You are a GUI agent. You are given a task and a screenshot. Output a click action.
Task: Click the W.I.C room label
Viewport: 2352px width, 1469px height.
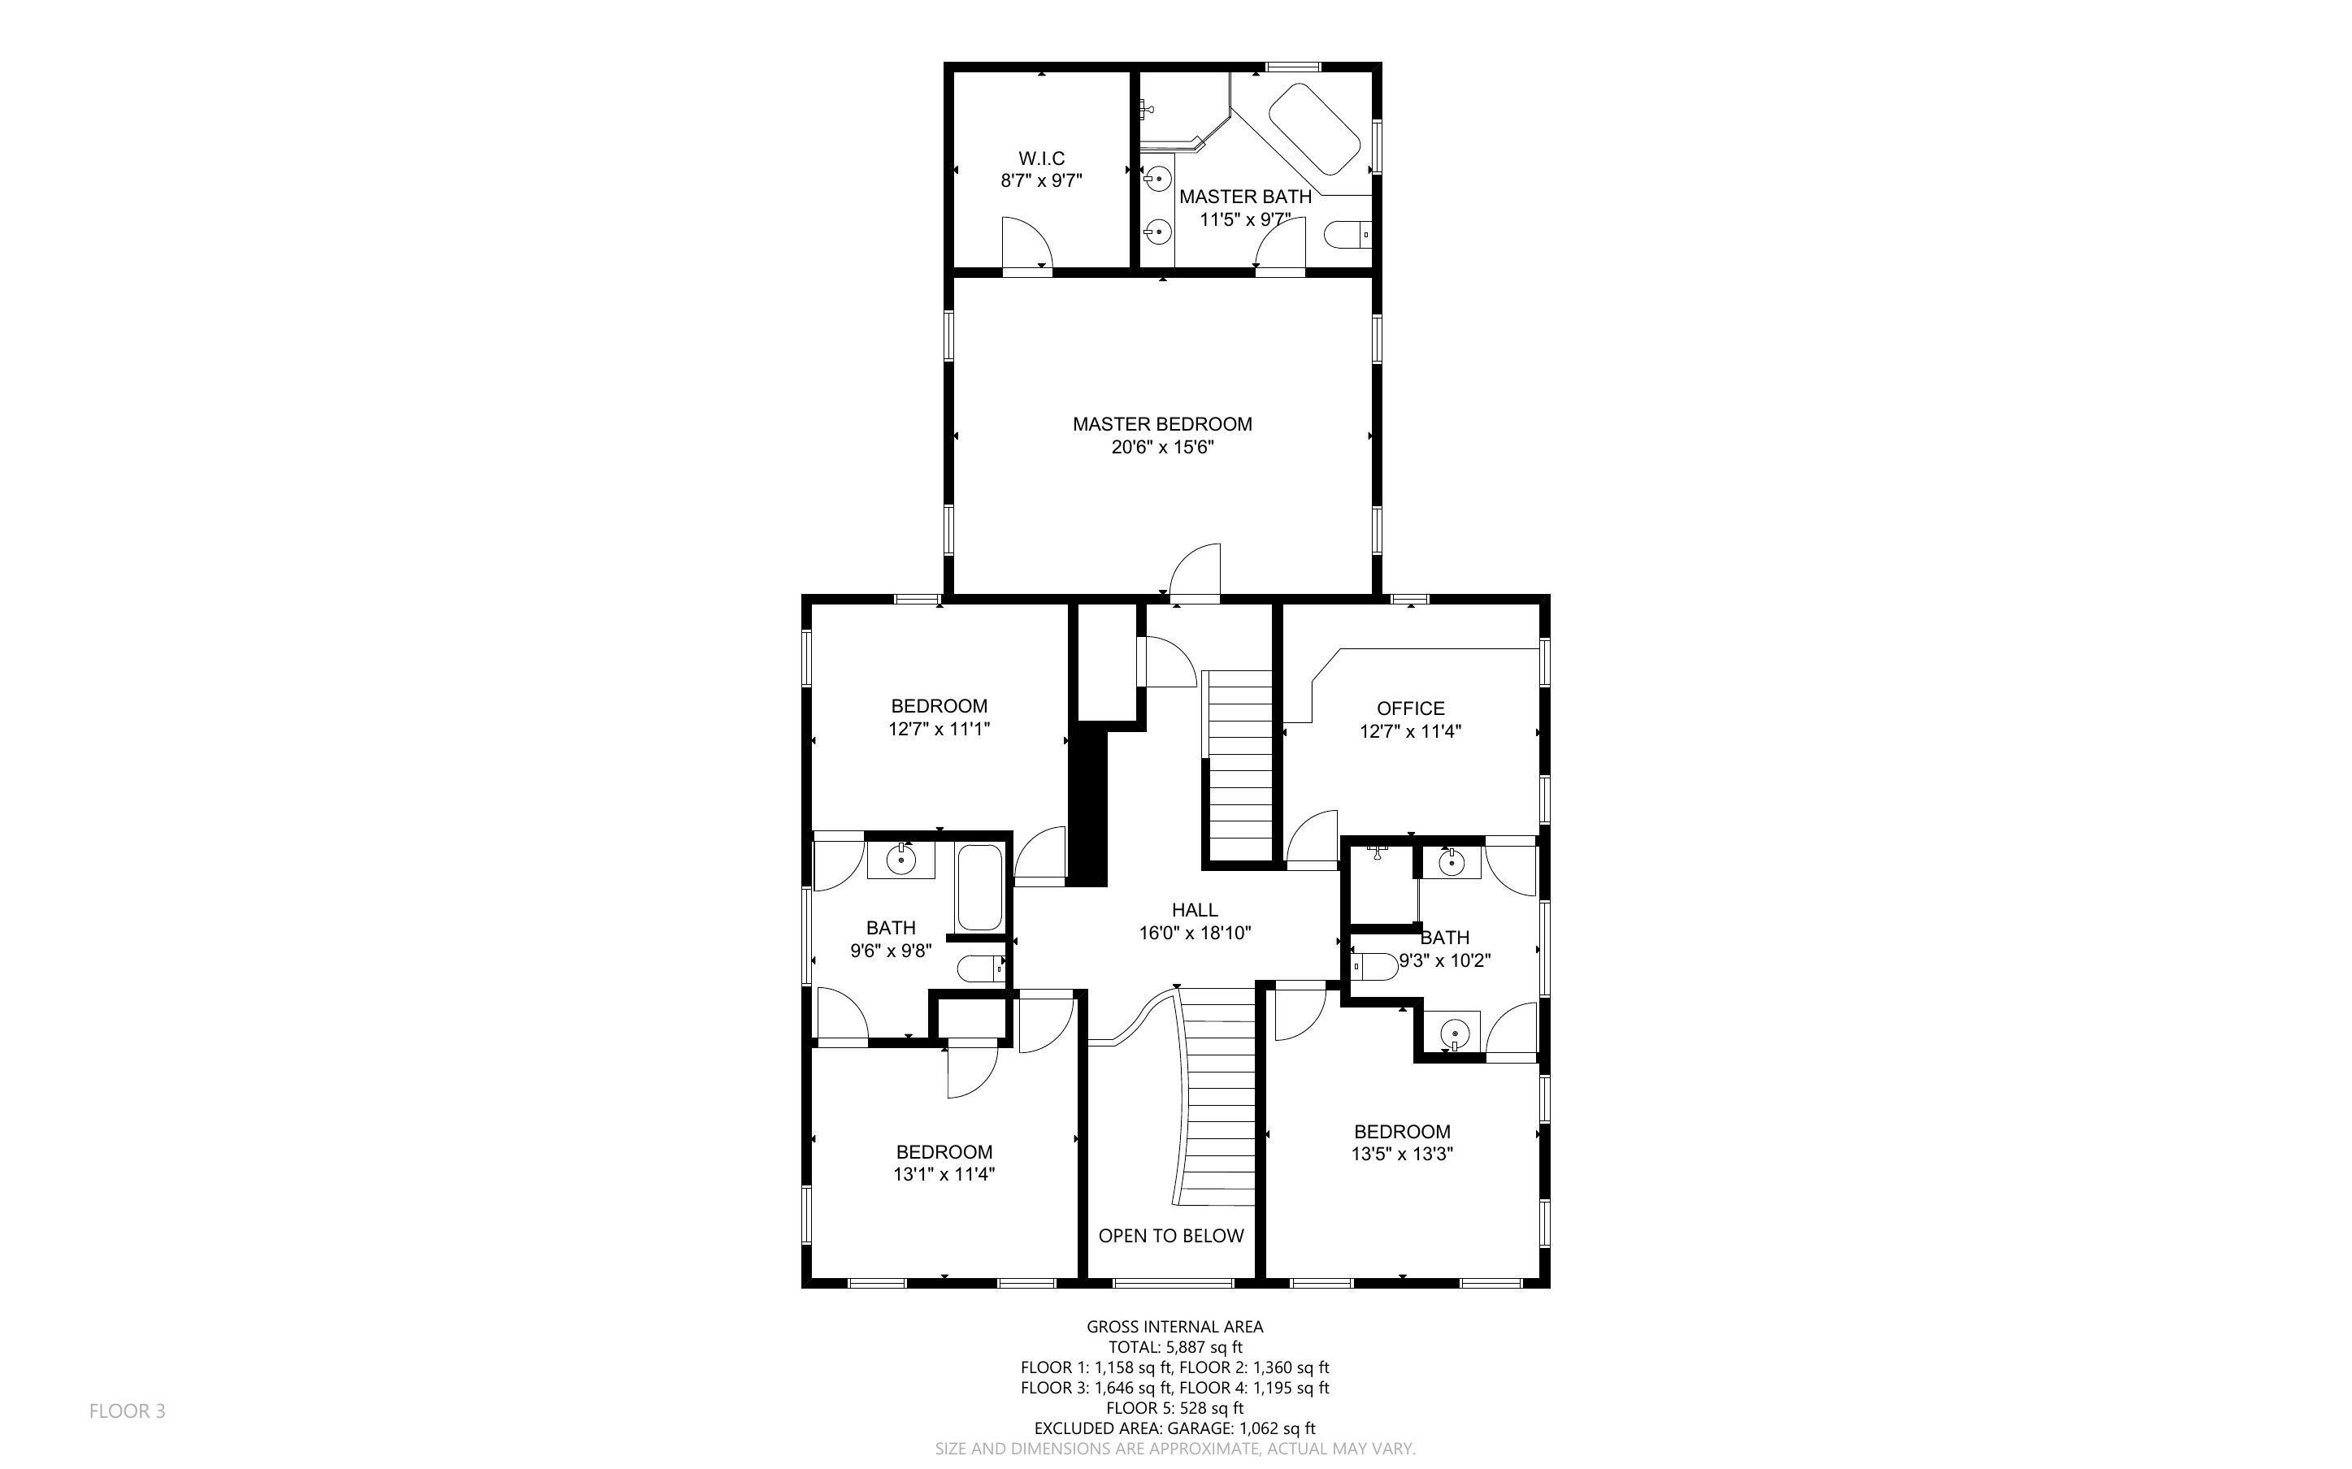[1041, 158]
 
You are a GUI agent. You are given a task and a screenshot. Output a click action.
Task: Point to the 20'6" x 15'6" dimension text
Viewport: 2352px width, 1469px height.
[1163, 448]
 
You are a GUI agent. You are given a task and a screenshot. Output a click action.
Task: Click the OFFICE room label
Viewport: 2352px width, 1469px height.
[1411, 708]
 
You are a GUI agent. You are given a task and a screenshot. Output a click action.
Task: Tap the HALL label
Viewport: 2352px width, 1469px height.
[1195, 910]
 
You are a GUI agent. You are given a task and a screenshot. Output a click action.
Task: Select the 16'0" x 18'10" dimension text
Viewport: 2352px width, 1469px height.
[1195, 934]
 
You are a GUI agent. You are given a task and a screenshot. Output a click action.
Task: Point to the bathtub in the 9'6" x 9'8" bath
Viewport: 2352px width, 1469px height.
[979, 888]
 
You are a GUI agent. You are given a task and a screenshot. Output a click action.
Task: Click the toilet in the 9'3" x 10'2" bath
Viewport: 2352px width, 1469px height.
[1372, 967]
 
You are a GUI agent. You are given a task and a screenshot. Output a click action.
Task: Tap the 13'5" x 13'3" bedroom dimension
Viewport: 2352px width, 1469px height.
[1402, 1155]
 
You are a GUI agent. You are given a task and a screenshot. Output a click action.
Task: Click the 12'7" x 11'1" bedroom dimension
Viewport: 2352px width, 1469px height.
[939, 729]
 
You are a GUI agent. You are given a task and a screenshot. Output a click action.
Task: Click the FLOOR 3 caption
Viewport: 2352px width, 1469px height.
[128, 1410]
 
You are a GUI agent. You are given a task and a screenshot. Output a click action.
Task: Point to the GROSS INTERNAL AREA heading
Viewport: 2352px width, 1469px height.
[1174, 1326]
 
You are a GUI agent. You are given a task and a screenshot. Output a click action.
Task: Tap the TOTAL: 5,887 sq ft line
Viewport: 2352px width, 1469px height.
[1174, 1346]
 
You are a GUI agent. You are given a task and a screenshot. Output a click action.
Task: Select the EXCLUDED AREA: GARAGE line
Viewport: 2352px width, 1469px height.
[1174, 1428]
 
